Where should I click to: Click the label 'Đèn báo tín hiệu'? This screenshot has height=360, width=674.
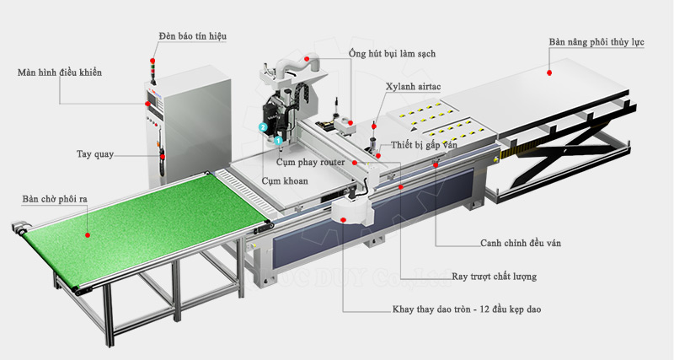192,36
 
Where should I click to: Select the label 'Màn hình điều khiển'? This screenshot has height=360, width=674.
59,73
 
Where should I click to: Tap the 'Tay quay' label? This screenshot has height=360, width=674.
94,154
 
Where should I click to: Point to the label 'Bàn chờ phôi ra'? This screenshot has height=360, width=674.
55,199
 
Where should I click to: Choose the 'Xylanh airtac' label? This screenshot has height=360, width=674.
414,87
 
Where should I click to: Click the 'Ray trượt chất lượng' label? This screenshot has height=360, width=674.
494,276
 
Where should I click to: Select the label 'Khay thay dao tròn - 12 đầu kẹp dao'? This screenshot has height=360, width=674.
466,309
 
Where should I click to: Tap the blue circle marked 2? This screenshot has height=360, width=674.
263,127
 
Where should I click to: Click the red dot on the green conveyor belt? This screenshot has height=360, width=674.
86,236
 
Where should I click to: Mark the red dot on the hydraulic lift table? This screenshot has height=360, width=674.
549,73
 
